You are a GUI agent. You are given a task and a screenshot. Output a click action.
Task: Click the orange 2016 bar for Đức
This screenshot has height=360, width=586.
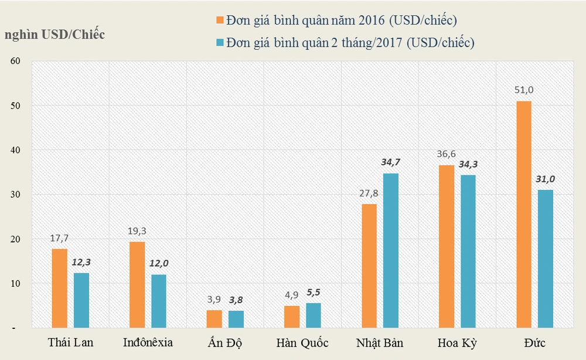tap(524, 215)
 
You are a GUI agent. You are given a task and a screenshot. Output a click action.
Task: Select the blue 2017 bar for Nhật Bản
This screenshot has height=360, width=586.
tap(391, 250)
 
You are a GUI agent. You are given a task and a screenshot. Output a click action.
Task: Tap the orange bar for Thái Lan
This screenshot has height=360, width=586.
tap(59, 288)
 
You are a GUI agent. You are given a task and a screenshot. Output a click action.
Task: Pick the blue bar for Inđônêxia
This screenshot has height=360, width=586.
tap(159, 301)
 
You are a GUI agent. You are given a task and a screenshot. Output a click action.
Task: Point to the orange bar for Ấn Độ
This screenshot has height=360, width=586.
tap(214, 319)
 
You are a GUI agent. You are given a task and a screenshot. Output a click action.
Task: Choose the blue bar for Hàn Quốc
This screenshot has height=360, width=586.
tap(314, 315)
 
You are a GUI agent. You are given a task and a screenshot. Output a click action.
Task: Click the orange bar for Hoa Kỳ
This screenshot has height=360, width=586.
tap(447, 246)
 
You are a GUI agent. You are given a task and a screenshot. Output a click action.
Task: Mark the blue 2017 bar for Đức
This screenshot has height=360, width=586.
tap(546, 259)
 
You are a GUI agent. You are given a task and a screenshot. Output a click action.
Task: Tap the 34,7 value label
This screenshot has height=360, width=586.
tap(391, 162)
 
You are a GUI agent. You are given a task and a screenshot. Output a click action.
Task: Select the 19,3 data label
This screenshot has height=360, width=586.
tap(137, 230)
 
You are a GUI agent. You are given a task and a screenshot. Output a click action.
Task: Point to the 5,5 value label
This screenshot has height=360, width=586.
tap(314, 291)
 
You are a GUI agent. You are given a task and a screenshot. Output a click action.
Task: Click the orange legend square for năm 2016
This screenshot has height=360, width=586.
tap(220, 20)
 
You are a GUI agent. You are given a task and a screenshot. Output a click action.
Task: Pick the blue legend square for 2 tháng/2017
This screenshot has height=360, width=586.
tap(220, 42)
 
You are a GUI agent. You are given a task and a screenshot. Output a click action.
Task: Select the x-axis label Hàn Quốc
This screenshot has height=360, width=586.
tap(302, 342)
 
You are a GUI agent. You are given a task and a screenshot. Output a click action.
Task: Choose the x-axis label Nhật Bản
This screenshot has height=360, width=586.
tap(380, 342)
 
